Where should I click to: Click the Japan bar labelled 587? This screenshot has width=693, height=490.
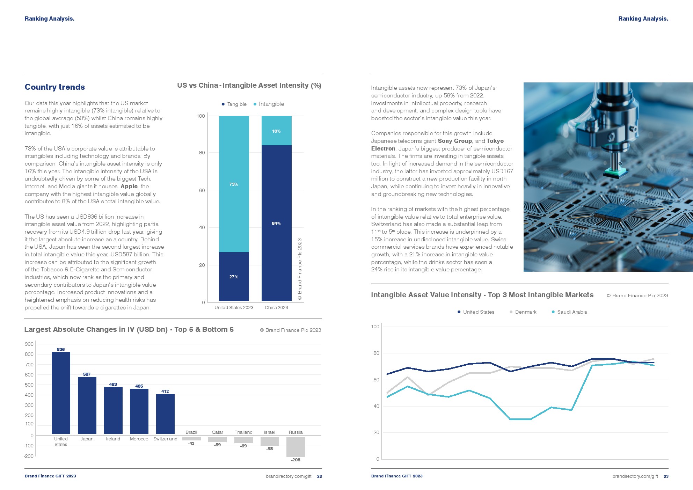(87, 405)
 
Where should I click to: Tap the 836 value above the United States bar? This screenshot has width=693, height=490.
(61, 349)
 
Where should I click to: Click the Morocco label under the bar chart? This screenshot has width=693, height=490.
(139, 439)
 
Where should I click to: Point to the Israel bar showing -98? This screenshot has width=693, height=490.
(270, 441)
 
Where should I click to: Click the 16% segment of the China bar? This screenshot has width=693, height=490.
(276, 131)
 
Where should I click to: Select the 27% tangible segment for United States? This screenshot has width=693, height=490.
(234, 277)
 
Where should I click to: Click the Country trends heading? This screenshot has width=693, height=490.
(55, 87)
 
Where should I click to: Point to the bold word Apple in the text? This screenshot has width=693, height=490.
(129, 187)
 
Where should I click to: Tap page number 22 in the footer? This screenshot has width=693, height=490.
(320, 476)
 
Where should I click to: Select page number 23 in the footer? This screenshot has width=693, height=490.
(666, 476)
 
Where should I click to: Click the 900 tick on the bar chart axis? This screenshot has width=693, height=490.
(29, 344)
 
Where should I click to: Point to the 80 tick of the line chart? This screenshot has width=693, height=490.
(375, 353)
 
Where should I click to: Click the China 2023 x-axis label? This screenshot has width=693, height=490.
(276, 308)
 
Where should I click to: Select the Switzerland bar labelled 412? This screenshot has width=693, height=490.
(165, 414)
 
